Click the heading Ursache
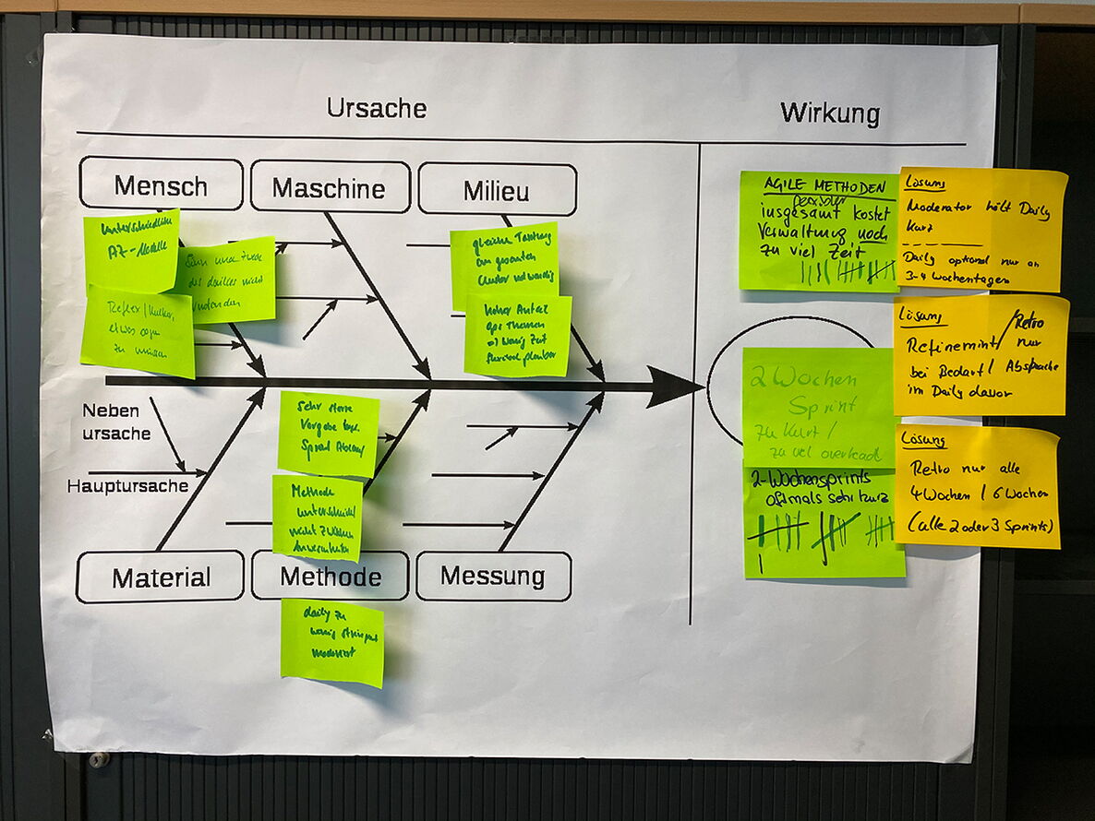(377, 109)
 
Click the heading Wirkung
(829, 114)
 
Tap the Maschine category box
(329, 188)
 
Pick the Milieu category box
(497, 191)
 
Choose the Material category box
(161, 577)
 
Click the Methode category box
(331, 577)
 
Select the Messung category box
(493, 577)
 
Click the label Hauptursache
(127, 485)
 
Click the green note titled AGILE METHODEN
(818, 231)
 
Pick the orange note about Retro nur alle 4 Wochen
(977, 486)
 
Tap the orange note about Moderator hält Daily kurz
(982, 230)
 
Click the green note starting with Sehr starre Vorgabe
(329, 434)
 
